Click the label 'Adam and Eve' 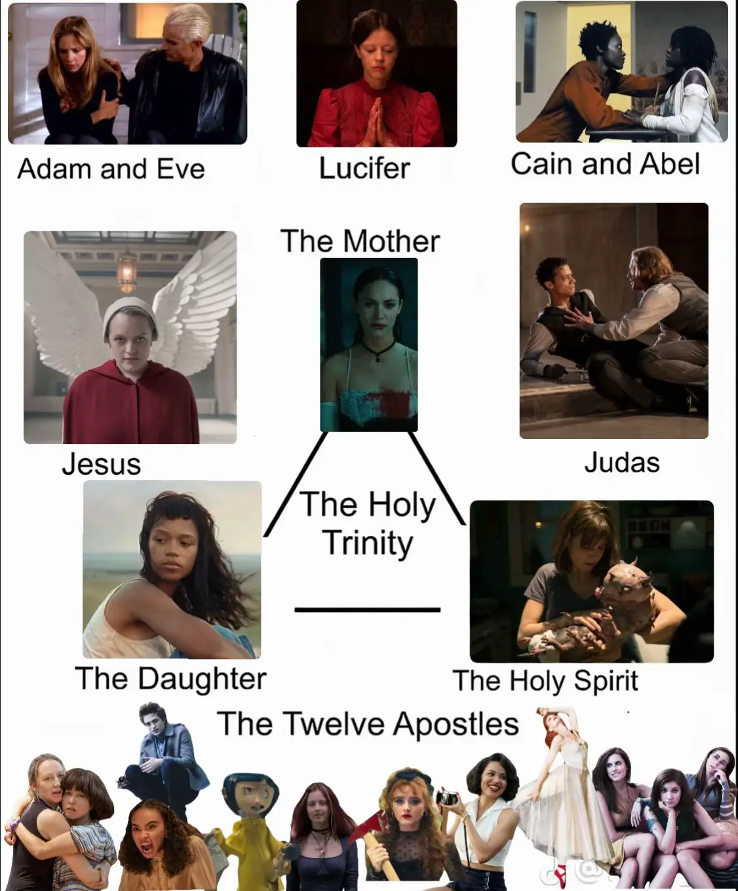pyautogui.click(x=111, y=168)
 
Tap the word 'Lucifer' pyautogui.click(x=364, y=168)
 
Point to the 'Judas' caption pyautogui.click(x=622, y=463)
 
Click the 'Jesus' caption pyautogui.click(x=101, y=464)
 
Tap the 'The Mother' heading pyautogui.click(x=360, y=241)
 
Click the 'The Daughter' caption pyautogui.click(x=170, y=678)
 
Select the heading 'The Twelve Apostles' pyautogui.click(x=368, y=724)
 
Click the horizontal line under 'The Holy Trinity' pyautogui.click(x=368, y=610)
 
